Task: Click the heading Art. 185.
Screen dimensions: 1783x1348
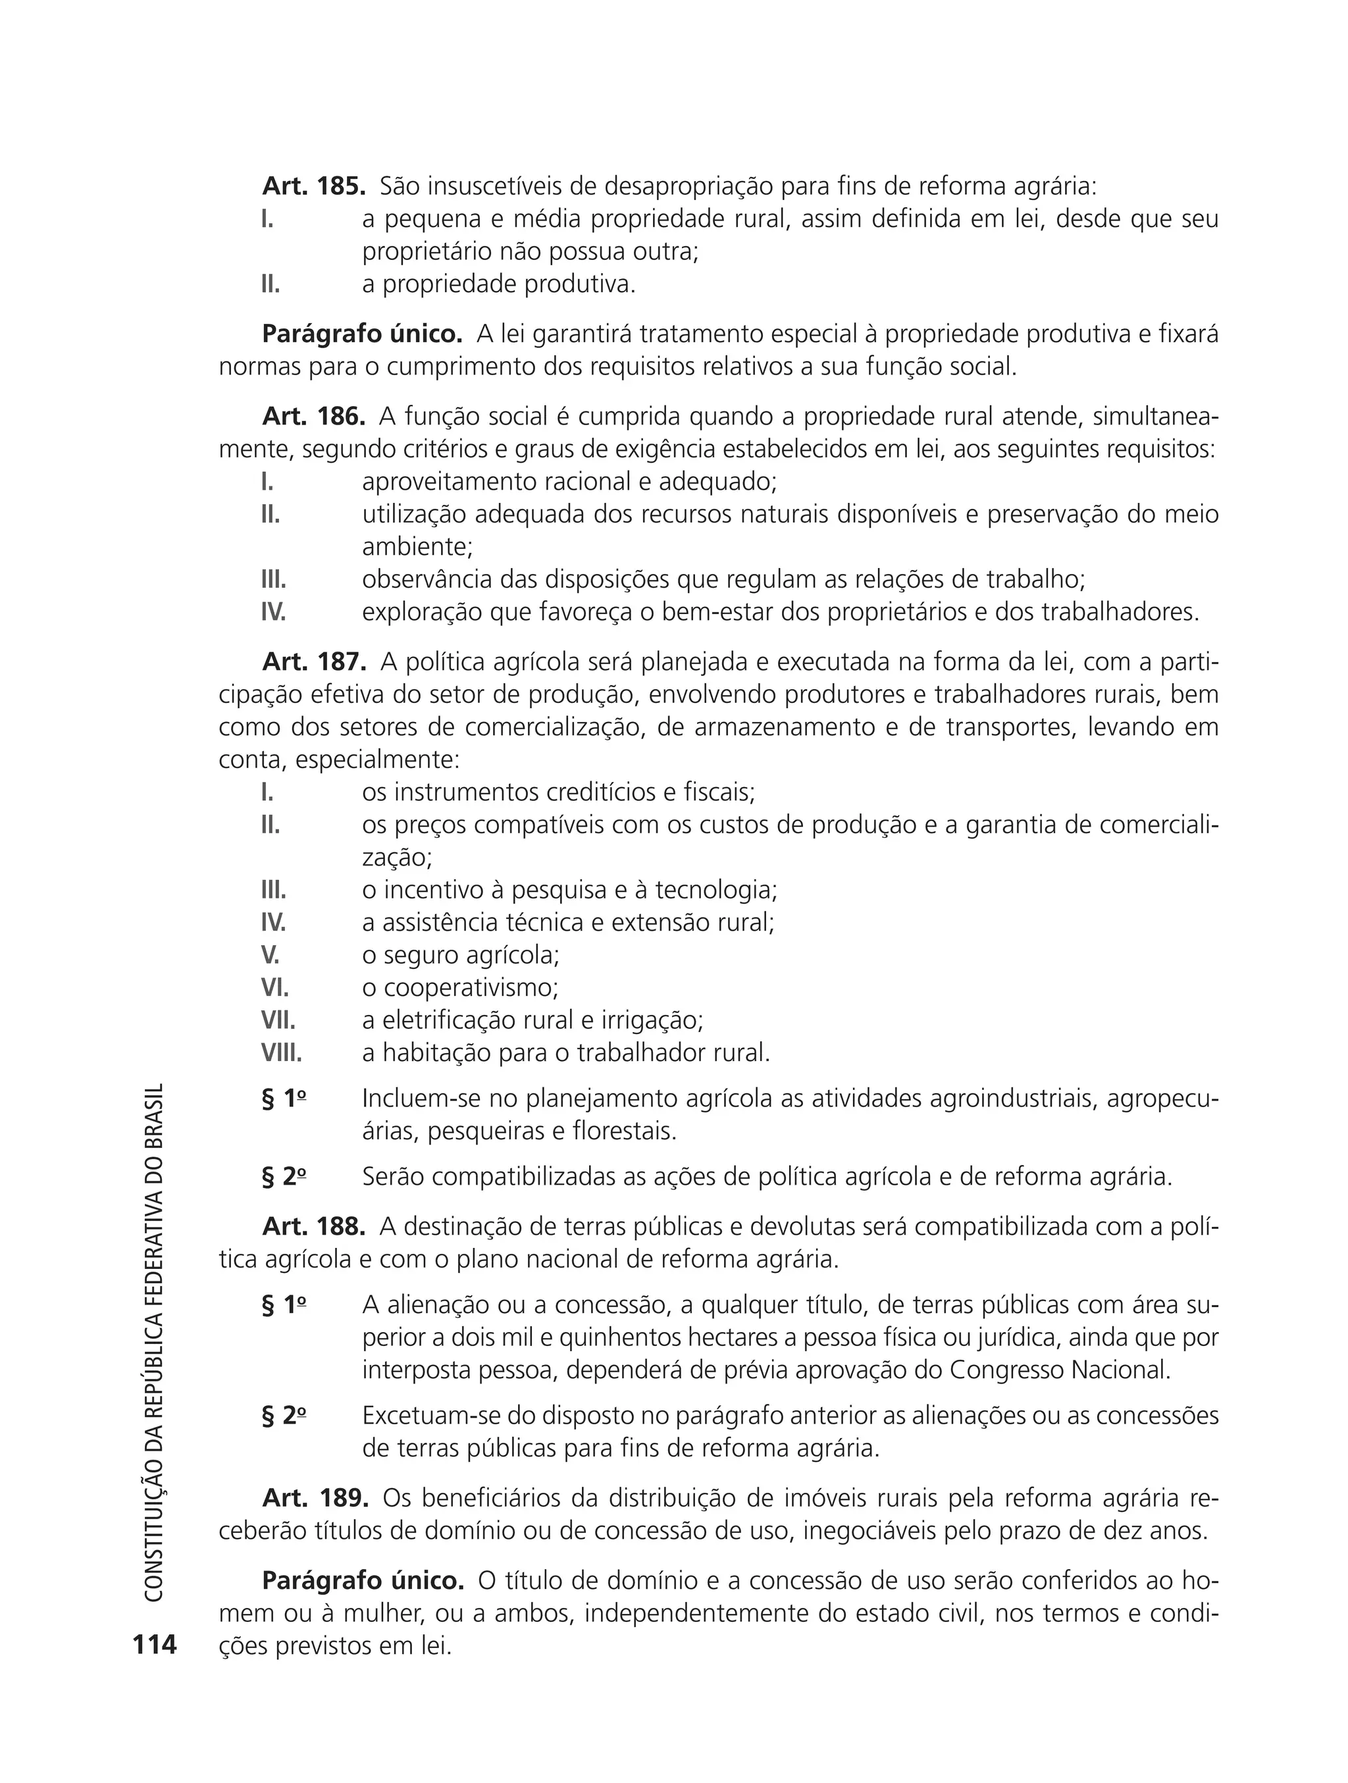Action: (x=313, y=186)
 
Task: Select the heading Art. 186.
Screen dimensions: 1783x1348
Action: (x=313, y=417)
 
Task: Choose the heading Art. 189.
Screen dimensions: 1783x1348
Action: (x=315, y=1497)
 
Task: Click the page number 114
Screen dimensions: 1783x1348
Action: (x=155, y=1643)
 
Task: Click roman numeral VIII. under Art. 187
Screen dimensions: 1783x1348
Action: (x=280, y=1052)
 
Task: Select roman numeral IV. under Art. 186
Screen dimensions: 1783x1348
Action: (x=273, y=613)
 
